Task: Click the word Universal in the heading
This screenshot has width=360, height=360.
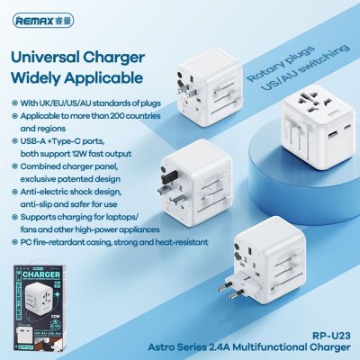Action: pyautogui.click(x=54, y=55)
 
